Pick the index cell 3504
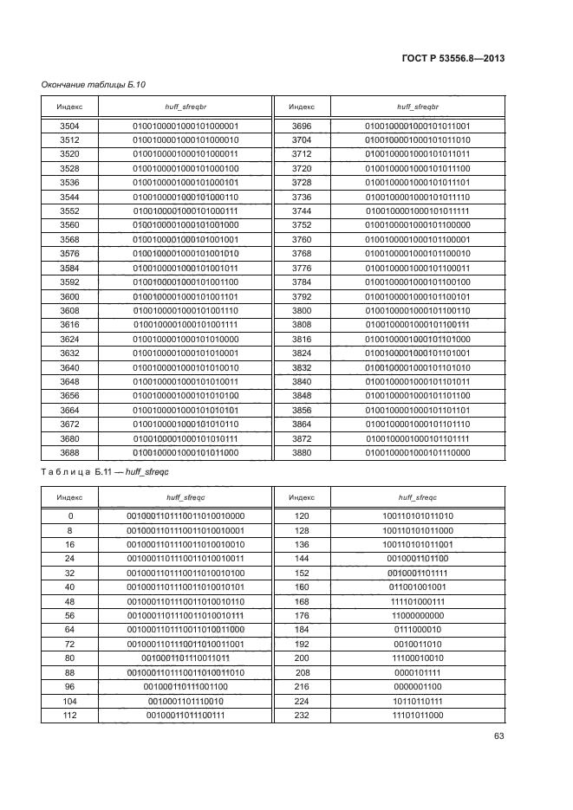point(69,126)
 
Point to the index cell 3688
point(69,452)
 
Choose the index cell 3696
point(301,126)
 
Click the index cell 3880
point(301,452)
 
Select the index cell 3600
point(69,296)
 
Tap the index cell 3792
point(301,296)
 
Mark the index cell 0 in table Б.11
point(69,516)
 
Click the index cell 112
point(69,715)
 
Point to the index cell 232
point(301,715)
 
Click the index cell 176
point(301,616)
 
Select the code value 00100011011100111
point(186,715)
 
